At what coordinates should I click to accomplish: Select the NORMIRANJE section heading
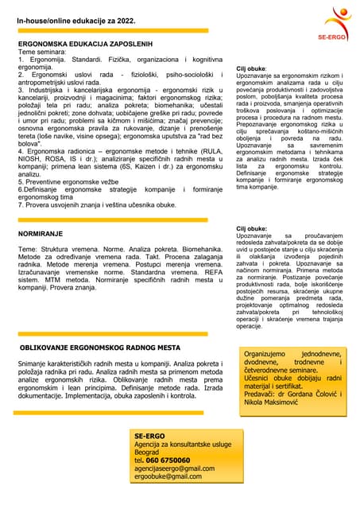click(x=43, y=235)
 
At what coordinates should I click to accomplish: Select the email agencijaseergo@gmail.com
click(x=174, y=468)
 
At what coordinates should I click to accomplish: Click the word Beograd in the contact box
click(x=147, y=451)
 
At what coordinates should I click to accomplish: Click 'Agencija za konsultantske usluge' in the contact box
click(x=184, y=444)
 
